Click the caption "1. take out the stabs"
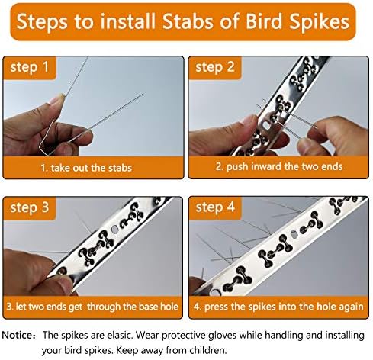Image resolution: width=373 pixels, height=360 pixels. pos(93,167)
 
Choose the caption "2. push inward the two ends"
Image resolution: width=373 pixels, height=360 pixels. pos(279,167)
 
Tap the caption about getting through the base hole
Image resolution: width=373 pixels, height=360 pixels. pos(93,307)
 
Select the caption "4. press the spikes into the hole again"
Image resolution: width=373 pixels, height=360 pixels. pos(279,307)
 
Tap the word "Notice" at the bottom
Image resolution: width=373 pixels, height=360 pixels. pos(20,335)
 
